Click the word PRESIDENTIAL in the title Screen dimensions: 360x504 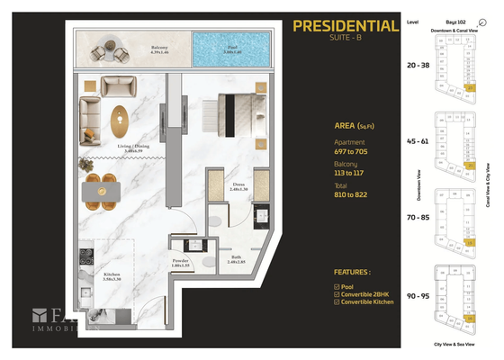pos(345,26)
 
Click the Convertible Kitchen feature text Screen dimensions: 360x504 pos(366,301)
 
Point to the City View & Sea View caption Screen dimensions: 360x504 pos(454,344)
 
